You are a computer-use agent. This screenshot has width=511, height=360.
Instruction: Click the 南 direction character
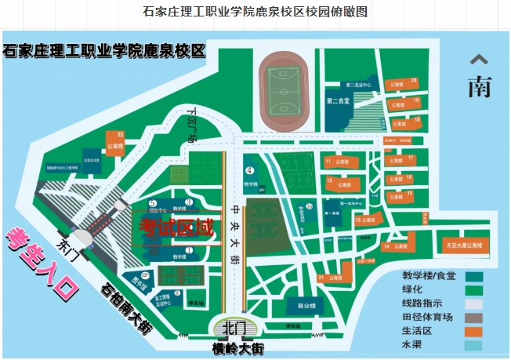479,86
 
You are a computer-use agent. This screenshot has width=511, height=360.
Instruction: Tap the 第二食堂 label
338,101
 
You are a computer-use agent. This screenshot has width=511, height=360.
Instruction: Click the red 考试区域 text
176,228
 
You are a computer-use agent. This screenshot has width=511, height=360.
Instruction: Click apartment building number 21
332,277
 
